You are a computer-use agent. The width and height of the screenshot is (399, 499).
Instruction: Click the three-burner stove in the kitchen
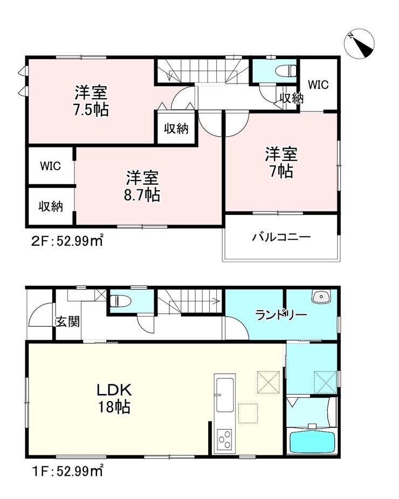click(x=224, y=440)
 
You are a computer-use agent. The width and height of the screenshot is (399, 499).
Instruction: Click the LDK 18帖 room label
click(x=114, y=398)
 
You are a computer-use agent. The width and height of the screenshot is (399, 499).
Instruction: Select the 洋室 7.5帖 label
click(x=91, y=101)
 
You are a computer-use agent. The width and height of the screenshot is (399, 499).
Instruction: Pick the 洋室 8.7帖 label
click(x=142, y=186)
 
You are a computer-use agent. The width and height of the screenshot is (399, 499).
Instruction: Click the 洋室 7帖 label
click(x=281, y=163)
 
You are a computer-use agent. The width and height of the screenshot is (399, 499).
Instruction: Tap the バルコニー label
click(x=281, y=237)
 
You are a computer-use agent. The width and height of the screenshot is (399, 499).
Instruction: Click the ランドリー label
click(x=281, y=315)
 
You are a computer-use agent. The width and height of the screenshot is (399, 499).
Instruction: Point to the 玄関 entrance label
click(x=67, y=322)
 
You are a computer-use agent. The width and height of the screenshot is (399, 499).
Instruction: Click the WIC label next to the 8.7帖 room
click(x=50, y=166)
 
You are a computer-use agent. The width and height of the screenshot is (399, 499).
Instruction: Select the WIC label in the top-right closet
click(x=318, y=85)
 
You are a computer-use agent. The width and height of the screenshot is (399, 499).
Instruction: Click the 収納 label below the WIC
click(x=51, y=207)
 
